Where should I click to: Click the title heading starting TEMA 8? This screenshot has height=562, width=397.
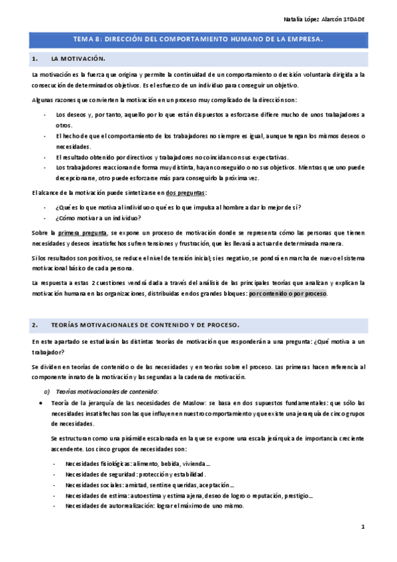[x=198, y=40]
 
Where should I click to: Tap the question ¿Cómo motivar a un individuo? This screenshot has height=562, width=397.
[x=99, y=218]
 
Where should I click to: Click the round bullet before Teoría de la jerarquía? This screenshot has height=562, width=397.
[x=42, y=402]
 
